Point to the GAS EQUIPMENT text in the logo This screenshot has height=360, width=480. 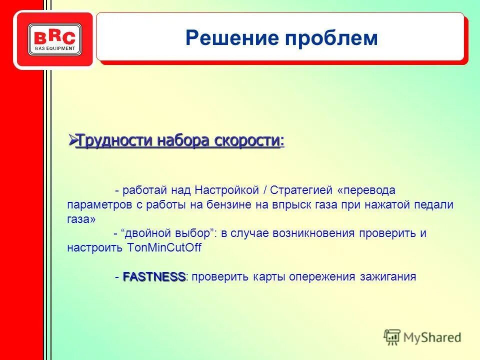coord(54,48)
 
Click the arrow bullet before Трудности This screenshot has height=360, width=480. coord(71,140)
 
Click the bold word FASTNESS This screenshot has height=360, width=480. coord(154,276)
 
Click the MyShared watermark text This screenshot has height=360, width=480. coord(432,337)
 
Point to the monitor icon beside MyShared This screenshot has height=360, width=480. coord(392,336)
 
